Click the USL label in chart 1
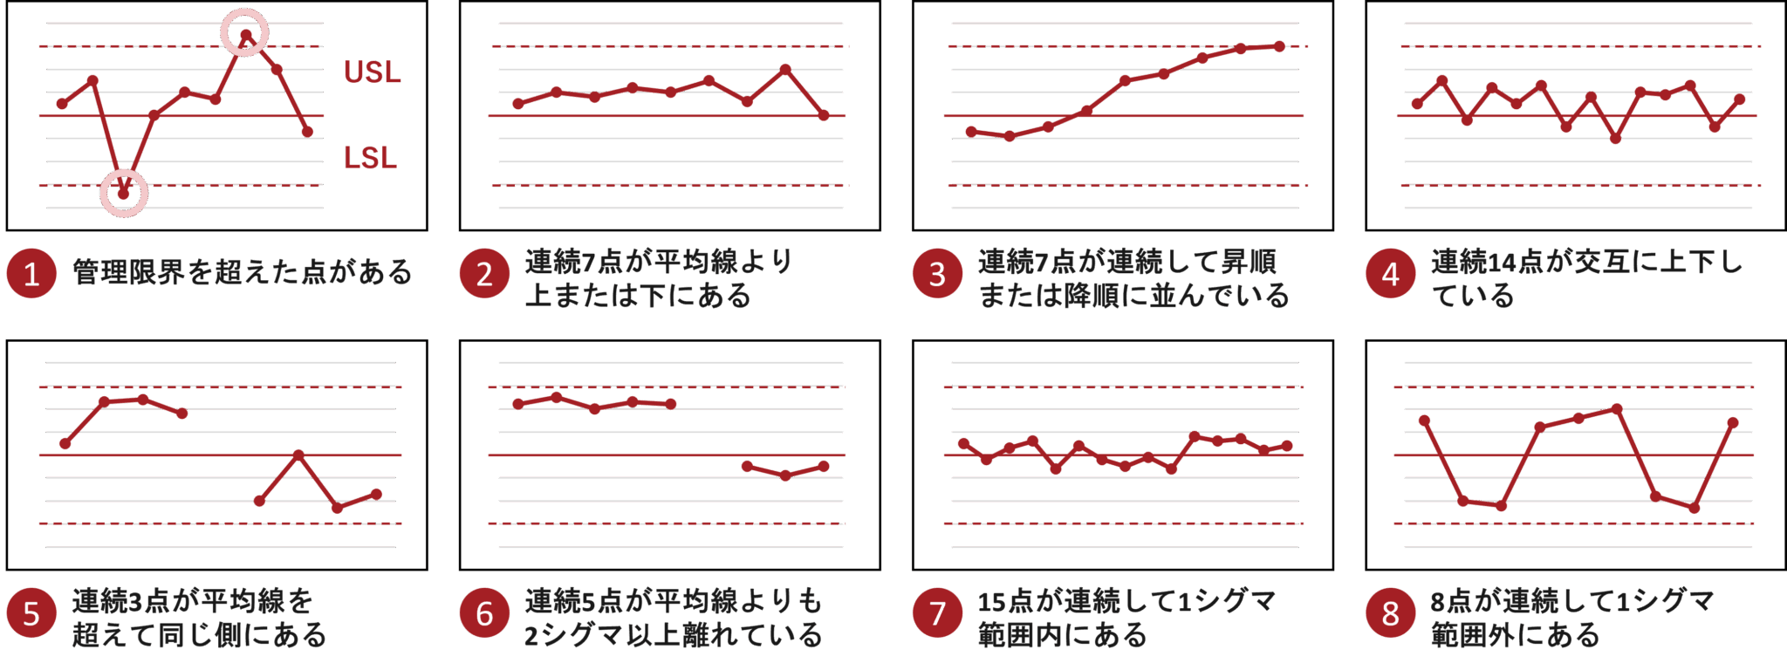[372, 72]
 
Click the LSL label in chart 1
[370, 158]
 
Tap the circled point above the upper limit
[246, 35]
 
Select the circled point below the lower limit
[124, 193]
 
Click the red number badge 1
[31, 274]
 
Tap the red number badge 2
[483, 274]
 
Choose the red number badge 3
[936, 274]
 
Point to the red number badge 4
[1390, 274]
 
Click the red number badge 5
[31, 613]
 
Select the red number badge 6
[483, 613]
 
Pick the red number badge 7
[936, 613]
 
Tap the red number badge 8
[1390, 613]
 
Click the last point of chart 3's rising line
[1279, 46]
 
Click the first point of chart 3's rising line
[971, 132]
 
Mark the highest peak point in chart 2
[785, 69]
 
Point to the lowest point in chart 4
[1616, 139]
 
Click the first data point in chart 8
[1425, 420]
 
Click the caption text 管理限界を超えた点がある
[242, 272]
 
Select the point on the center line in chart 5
[298, 455]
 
